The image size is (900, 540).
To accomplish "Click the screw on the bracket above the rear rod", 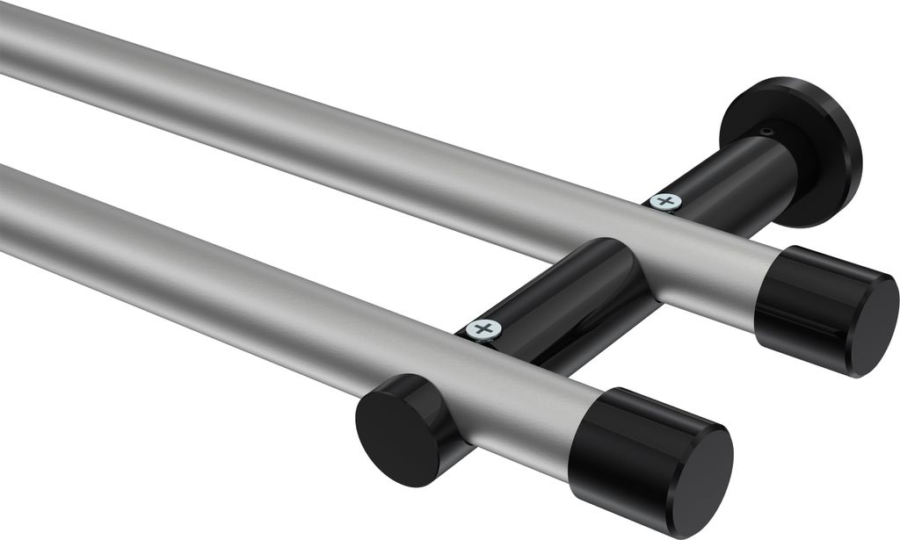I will click(x=665, y=201).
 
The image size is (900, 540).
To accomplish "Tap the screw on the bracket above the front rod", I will click(x=483, y=329).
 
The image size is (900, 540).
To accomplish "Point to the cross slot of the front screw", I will click(x=483, y=329).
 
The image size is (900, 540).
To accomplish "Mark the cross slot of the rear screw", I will click(x=665, y=201).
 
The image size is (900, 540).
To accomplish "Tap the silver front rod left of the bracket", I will click(x=220, y=281).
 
